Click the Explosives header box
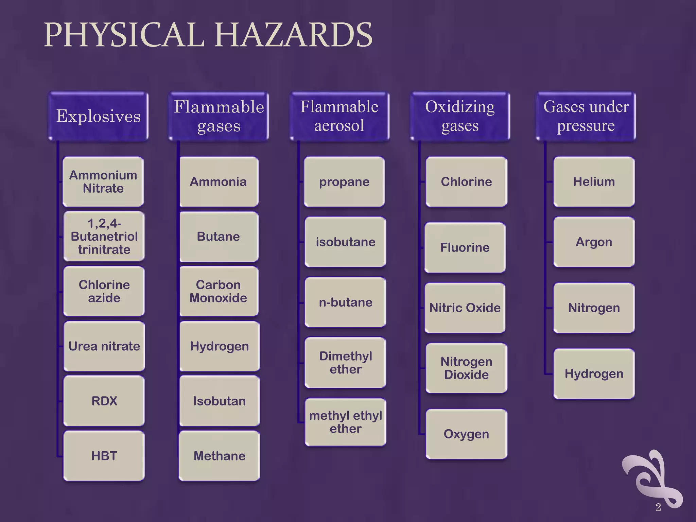[x=98, y=116]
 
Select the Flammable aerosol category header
[x=339, y=116]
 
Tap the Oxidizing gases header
[x=460, y=116]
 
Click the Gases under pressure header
[x=586, y=116]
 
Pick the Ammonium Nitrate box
[x=103, y=181]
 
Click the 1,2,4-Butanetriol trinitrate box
[x=104, y=236]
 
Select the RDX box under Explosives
[x=104, y=401]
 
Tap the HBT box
[x=104, y=456]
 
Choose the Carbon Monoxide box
[x=219, y=291]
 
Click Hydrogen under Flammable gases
[x=220, y=346]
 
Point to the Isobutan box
[x=220, y=401]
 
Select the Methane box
[x=220, y=456]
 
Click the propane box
[x=344, y=181]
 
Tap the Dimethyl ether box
[x=345, y=362]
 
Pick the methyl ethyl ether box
[x=345, y=422]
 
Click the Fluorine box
[x=465, y=247]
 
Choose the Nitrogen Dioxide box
[x=466, y=368]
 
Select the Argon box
[x=594, y=242]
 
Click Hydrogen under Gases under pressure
[x=594, y=373]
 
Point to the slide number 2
[x=658, y=507]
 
